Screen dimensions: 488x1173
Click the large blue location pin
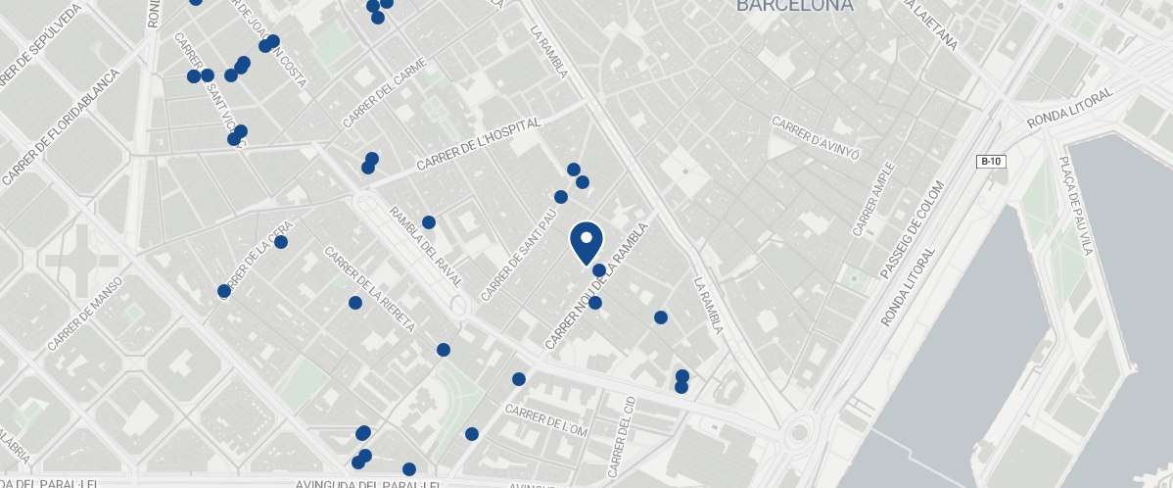586,242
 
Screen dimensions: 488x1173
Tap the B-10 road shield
992,161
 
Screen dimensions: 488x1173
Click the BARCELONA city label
794,6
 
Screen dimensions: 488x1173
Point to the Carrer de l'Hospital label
479,146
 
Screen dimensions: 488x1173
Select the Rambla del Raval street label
425,246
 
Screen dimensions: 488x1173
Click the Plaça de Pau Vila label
1075,205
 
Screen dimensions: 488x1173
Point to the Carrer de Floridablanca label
60,127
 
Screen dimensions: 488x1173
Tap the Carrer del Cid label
622,436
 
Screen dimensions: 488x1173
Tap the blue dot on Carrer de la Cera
281,242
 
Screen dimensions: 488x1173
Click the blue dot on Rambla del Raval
429,222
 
